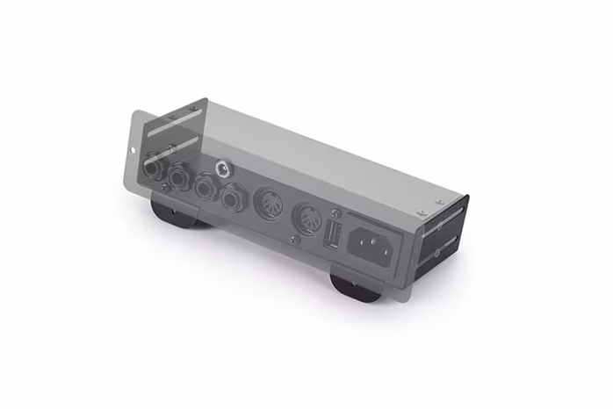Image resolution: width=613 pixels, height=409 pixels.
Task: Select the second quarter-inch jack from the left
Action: pyautogui.click(x=181, y=177)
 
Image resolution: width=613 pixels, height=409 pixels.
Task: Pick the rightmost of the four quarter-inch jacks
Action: pyautogui.click(x=232, y=198)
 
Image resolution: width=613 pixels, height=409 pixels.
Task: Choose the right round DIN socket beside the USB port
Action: pyautogui.click(x=306, y=218)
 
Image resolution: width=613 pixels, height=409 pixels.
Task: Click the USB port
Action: pyautogui.click(x=334, y=234)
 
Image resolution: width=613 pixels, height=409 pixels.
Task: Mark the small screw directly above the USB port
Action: pyautogui.click(x=336, y=213)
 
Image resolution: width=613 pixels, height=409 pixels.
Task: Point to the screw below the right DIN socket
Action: pyautogui.click(x=295, y=239)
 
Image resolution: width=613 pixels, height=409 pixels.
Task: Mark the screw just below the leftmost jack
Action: pyautogui.click(x=164, y=187)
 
